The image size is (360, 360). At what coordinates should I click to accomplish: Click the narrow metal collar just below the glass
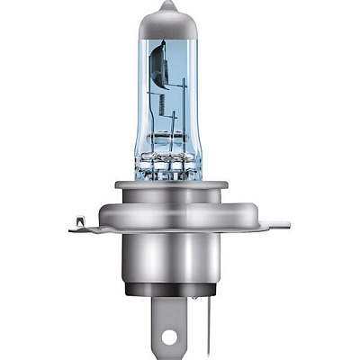click(x=180, y=185)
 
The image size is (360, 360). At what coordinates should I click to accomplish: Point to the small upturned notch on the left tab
click(x=78, y=219)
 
